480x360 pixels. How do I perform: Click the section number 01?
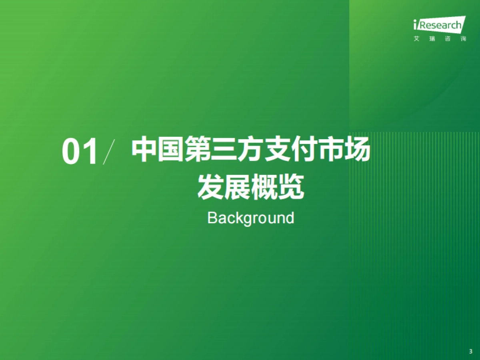80,151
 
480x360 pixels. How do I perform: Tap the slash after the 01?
109,152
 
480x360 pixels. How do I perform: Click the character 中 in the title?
143,149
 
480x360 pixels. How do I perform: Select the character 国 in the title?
170,149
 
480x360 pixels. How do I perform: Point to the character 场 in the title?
358,149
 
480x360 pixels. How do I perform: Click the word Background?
251,218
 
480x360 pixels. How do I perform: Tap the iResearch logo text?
440,25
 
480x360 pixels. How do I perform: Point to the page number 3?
471,351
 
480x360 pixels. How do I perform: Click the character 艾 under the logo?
416,39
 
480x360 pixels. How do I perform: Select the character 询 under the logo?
463,39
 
